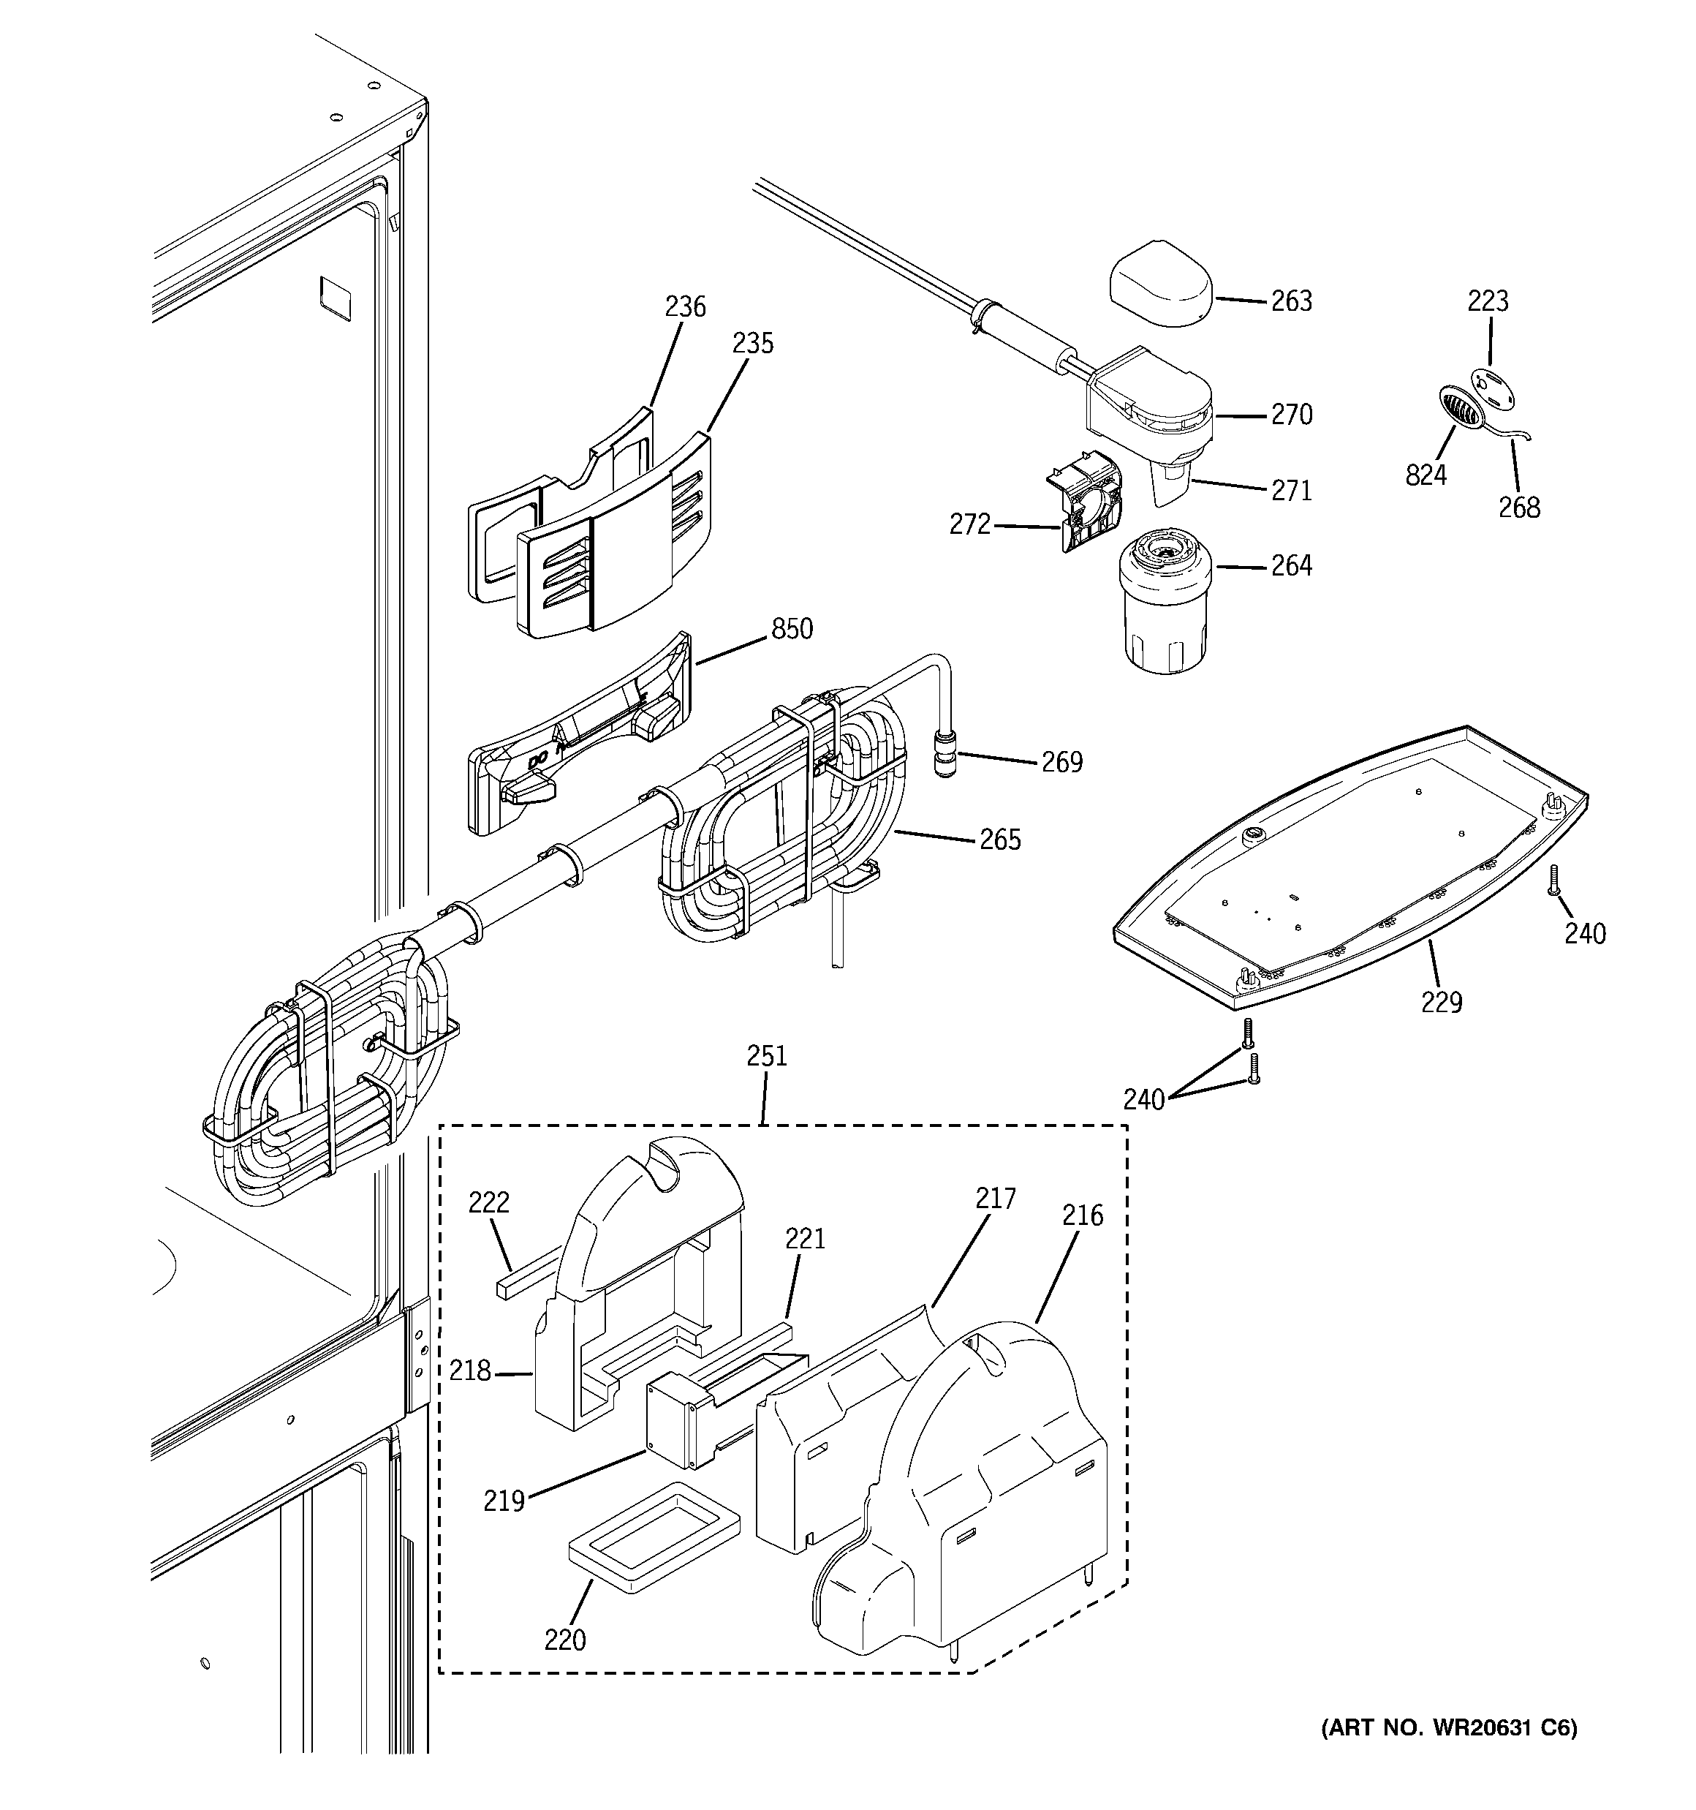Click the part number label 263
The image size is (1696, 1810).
[x=1291, y=301]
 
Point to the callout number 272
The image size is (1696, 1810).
[x=969, y=524]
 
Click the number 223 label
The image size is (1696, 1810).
[x=1488, y=301]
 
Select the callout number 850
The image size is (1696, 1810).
[x=791, y=628]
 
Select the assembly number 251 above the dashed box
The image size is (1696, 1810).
[x=767, y=1055]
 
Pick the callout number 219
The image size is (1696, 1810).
[x=504, y=1499]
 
